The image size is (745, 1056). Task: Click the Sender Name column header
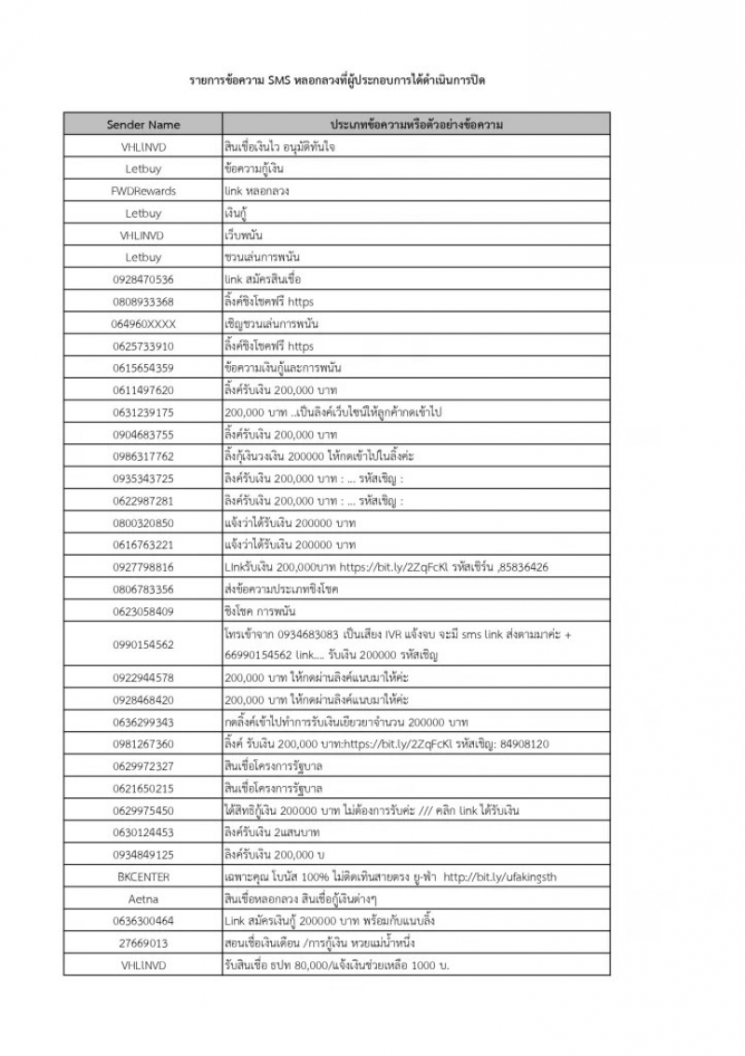(x=143, y=125)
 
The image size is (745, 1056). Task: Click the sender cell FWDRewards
(x=143, y=191)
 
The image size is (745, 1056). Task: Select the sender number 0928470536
(x=143, y=279)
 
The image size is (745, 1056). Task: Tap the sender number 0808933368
(x=143, y=302)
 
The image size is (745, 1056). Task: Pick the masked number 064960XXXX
(x=143, y=324)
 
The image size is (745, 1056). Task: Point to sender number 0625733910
(x=143, y=346)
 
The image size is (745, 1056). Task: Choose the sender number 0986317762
(x=143, y=456)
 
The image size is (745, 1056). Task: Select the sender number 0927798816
(x=143, y=567)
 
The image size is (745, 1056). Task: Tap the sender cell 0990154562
(x=143, y=644)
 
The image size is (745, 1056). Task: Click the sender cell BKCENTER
(x=143, y=877)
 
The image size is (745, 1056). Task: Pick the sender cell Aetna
(x=143, y=900)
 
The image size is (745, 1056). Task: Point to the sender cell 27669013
(x=143, y=943)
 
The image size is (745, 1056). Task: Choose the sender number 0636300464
(x=143, y=921)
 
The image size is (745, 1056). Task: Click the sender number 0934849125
(x=143, y=855)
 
